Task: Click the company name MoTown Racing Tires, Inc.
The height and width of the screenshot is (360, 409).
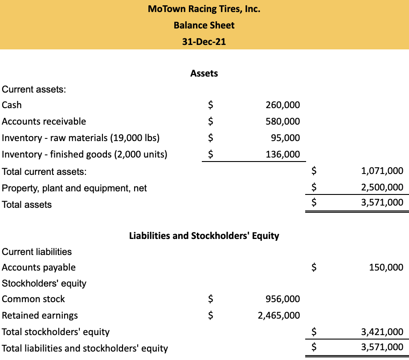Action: point(204,9)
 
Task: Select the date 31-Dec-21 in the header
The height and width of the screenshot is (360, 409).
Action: point(204,42)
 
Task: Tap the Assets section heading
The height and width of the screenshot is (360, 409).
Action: point(204,73)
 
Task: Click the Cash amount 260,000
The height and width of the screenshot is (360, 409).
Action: point(282,105)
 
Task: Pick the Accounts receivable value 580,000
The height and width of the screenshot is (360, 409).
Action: point(282,121)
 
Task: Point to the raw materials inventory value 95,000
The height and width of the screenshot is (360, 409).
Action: point(285,138)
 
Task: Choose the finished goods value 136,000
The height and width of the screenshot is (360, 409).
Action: point(282,154)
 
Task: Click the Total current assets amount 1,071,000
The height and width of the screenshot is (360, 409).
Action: point(383,171)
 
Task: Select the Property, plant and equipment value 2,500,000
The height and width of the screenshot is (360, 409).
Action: point(383,188)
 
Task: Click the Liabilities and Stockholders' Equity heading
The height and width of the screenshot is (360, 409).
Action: point(204,236)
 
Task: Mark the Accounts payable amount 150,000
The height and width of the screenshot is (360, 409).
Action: point(386,267)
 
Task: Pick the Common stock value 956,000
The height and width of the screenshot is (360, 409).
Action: point(282,299)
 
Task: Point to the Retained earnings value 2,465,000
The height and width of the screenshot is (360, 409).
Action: point(279,316)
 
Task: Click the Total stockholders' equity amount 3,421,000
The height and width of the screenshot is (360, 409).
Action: point(383,332)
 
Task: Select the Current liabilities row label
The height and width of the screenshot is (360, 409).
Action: point(37,252)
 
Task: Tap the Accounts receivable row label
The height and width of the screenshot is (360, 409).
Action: point(44,121)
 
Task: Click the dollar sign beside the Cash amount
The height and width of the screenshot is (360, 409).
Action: point(211,105)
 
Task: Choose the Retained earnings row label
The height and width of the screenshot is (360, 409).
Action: point(40,316)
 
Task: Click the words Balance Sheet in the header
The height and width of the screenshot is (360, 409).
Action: point(204,25)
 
